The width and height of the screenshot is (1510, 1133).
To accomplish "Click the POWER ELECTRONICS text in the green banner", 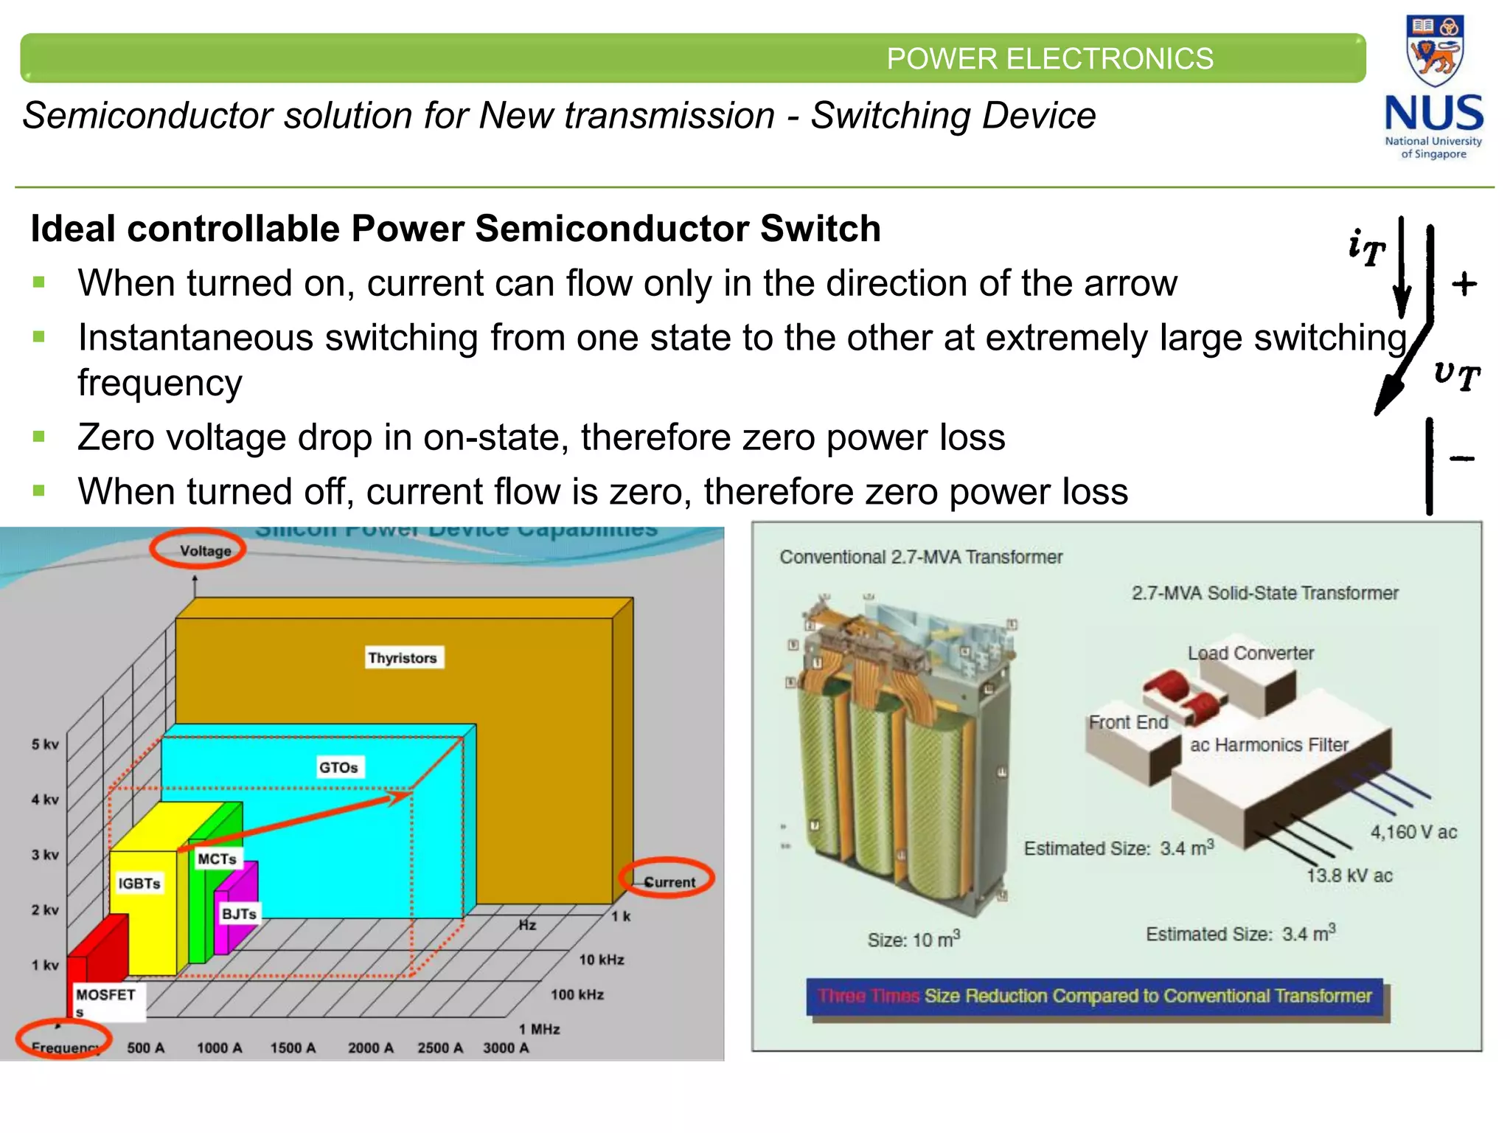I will (x=1049, y=58).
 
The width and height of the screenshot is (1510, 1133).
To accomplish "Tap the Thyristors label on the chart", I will (x=403, y=657).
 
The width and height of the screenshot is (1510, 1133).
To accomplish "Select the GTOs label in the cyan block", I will (x=338, y=767).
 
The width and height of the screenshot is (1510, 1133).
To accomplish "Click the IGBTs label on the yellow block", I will (x=139, y=883).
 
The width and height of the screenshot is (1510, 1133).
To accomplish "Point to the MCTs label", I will (x=217, y=859).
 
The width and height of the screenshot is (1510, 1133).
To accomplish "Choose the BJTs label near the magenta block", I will (x=239, y=914).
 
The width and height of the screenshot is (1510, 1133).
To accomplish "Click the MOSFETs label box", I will (x=106, y=1001).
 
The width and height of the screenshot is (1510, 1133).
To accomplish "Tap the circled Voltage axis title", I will (x=205, y=550).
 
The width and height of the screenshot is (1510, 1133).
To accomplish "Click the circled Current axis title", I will (x=669, y=882).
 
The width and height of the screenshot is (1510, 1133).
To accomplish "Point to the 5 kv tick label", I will (x=45, y=744).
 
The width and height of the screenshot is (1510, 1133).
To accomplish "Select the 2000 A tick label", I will (x=371, y=1047).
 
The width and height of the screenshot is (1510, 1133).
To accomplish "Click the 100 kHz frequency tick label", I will (x=577, y=994).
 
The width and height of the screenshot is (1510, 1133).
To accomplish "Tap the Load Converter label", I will (x=1250, y=653).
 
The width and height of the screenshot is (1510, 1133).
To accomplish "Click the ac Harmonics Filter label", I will (x=1269, y=744).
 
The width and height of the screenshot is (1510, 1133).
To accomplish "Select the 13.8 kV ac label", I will (x=1349, y=876).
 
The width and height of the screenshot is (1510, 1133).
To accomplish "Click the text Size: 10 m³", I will (x=914, y=939).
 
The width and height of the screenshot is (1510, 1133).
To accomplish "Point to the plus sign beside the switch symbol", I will (x=1464, y=284).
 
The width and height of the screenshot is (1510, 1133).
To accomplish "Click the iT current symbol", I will (x=1366, y=248).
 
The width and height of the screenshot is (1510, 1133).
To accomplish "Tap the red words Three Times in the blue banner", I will (x=869, y=996).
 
